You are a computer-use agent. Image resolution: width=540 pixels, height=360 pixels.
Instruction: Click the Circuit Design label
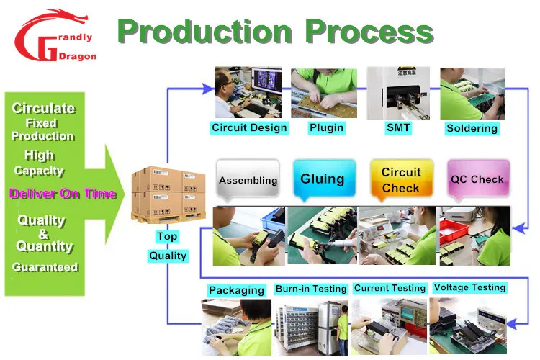point(249,128)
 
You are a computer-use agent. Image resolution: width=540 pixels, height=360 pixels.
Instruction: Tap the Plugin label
point(326,128)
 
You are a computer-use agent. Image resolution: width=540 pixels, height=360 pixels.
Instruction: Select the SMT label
point(397,128)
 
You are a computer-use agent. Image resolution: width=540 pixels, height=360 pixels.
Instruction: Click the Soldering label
point(472,128)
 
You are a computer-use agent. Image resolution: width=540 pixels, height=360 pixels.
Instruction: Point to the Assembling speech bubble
point(248,180)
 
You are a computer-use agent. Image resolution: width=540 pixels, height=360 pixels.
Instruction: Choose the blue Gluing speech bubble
point(322,179)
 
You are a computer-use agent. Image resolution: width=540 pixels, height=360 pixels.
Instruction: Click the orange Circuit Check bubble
point(401,180)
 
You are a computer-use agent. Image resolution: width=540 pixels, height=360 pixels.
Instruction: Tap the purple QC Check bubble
point(477,179)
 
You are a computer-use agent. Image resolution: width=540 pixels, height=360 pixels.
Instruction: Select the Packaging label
point(236,290)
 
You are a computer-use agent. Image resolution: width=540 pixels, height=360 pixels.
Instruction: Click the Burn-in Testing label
point(311,289)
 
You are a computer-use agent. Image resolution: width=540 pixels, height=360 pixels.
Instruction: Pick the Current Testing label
point(390,288)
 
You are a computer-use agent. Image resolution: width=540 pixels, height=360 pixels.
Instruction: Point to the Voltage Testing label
point(469,287)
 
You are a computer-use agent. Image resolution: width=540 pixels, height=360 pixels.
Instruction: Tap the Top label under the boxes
point(167,236)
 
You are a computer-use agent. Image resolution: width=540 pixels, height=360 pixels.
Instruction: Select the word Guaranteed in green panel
point(45,267)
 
